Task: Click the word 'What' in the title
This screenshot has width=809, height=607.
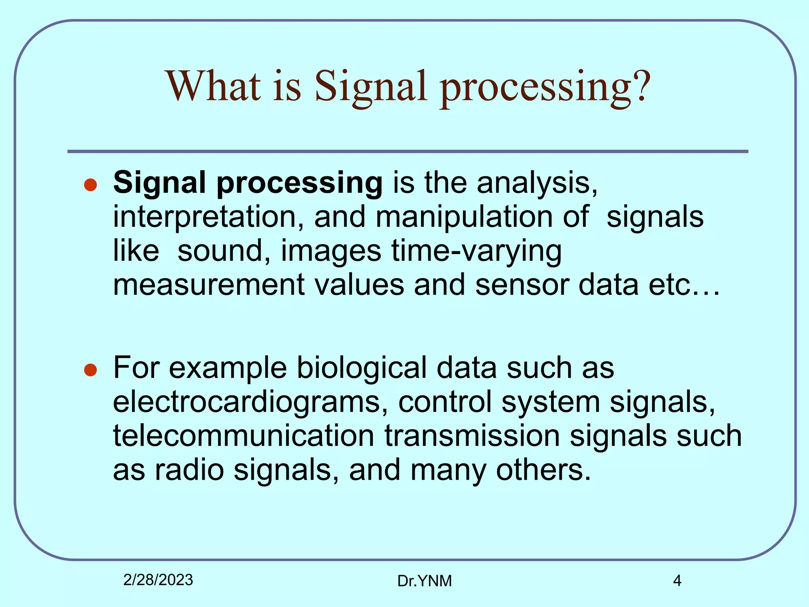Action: click(214, 86)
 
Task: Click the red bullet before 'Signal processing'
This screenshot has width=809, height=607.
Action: click(91, 185)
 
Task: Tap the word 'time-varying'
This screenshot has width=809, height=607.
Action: click(476, 251)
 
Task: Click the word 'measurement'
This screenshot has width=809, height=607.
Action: click(209, 285)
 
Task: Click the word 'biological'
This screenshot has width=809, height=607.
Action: click(361, 368)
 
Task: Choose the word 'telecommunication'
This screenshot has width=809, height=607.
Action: click(244, 435)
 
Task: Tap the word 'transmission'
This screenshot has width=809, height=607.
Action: click(472, 435)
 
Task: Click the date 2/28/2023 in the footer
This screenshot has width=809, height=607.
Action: click(158, 580)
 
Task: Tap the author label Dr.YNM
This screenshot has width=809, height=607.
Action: click(424, 581)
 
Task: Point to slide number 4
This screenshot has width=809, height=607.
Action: click(677, 581)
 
